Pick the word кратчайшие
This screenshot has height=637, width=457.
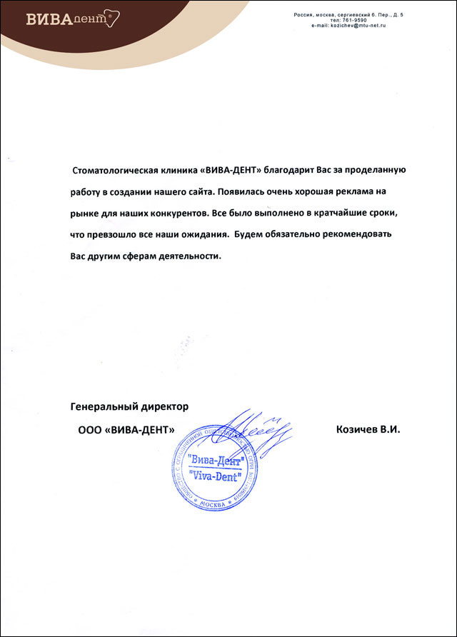click(x=338, y=214)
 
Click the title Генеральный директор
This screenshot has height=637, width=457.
click(x=129, y=406)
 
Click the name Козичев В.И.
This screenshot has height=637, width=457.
click(x=368, y=430)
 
